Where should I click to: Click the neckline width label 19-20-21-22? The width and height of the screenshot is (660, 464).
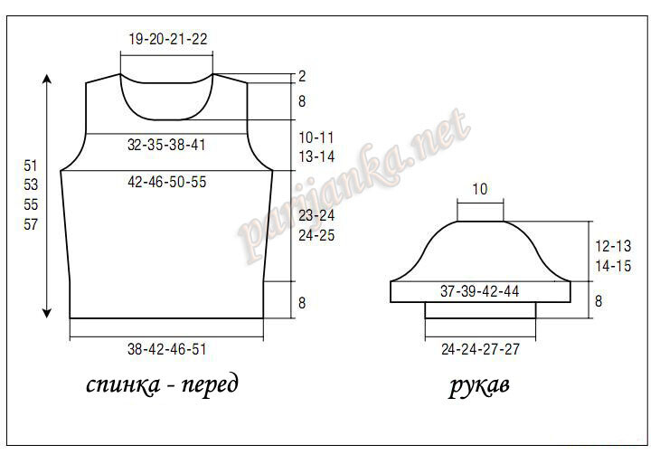pos(168,39)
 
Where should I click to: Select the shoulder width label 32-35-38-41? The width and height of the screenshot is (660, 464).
pos(166,145)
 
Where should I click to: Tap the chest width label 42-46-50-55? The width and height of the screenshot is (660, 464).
pos(166,182)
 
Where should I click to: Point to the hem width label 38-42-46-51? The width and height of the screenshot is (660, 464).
pos(166,349)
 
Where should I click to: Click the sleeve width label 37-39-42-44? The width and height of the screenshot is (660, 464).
pos(479,291)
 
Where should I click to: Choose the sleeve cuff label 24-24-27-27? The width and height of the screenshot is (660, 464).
pos(480,349)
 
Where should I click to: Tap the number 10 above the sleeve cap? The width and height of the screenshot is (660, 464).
pos(480,189)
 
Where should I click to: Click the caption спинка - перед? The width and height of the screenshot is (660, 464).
pos(162,384)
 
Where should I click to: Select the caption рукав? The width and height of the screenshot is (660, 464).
pos(479,385)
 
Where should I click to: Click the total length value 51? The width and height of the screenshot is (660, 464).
pos(31,166)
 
